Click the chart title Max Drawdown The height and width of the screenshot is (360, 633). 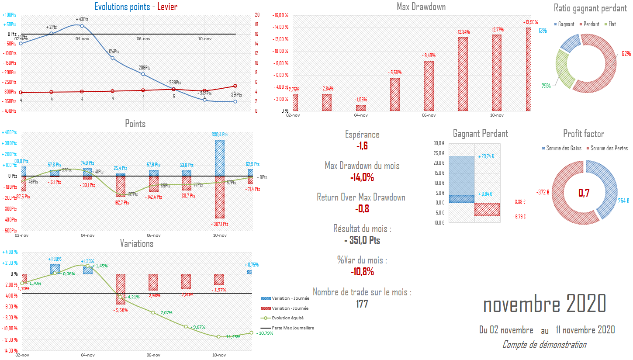(421, 7)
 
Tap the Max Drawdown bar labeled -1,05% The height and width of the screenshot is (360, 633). (361, 108)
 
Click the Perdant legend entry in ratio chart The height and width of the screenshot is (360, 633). (590, 24)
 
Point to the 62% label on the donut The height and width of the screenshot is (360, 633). (626, 54)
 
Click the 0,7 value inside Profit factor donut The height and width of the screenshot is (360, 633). (585, 193)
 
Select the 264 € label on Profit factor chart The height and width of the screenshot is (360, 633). (623, 201)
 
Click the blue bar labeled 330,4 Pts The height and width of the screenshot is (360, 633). (220, 158)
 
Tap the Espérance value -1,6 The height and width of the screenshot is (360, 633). (362, 146)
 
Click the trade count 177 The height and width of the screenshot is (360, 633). (362, 304)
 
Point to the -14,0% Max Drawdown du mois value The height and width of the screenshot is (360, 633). (362, 177)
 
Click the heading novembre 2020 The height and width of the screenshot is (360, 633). (544, 304)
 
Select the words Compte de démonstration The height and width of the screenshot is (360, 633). (544, 345)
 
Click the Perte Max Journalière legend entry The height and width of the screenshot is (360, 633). (292, 328)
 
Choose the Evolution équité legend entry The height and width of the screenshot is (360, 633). (289, 318)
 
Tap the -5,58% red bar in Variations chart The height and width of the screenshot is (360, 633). (121, 289)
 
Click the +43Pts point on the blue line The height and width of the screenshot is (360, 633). (82, 26)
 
